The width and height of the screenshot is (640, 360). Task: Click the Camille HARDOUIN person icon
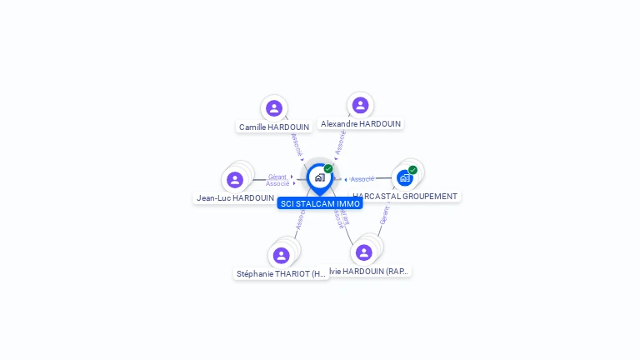(274, 108)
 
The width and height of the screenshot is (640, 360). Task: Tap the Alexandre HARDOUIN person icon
(360, 105)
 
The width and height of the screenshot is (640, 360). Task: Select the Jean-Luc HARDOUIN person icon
(235, 180)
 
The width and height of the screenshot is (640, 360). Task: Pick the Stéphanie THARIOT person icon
(282, 255)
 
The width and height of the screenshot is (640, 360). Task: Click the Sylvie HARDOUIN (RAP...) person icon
(364, 252)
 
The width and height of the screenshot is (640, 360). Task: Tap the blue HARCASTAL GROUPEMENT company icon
(405, 177)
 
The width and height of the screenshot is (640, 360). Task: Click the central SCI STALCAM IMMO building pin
(319, 177)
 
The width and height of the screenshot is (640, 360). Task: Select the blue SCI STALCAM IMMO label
(320, 203)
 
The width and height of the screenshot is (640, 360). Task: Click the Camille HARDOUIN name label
(274, 127)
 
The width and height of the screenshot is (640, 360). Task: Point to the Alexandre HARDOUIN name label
(361, 124)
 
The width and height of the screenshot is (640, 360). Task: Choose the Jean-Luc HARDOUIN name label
(235, 198)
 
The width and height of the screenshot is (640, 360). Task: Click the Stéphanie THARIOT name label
(282, 273)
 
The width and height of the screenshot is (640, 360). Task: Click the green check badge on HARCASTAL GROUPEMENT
(412, 170)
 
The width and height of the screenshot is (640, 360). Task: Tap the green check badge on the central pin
(328, 169)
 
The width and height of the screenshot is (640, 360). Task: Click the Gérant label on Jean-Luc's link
(277, 177)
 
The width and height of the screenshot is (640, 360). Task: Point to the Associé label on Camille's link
(297, 145)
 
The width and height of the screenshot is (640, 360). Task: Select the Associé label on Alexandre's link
(340, 142)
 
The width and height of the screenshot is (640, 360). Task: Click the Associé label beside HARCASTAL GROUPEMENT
(362, 179)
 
